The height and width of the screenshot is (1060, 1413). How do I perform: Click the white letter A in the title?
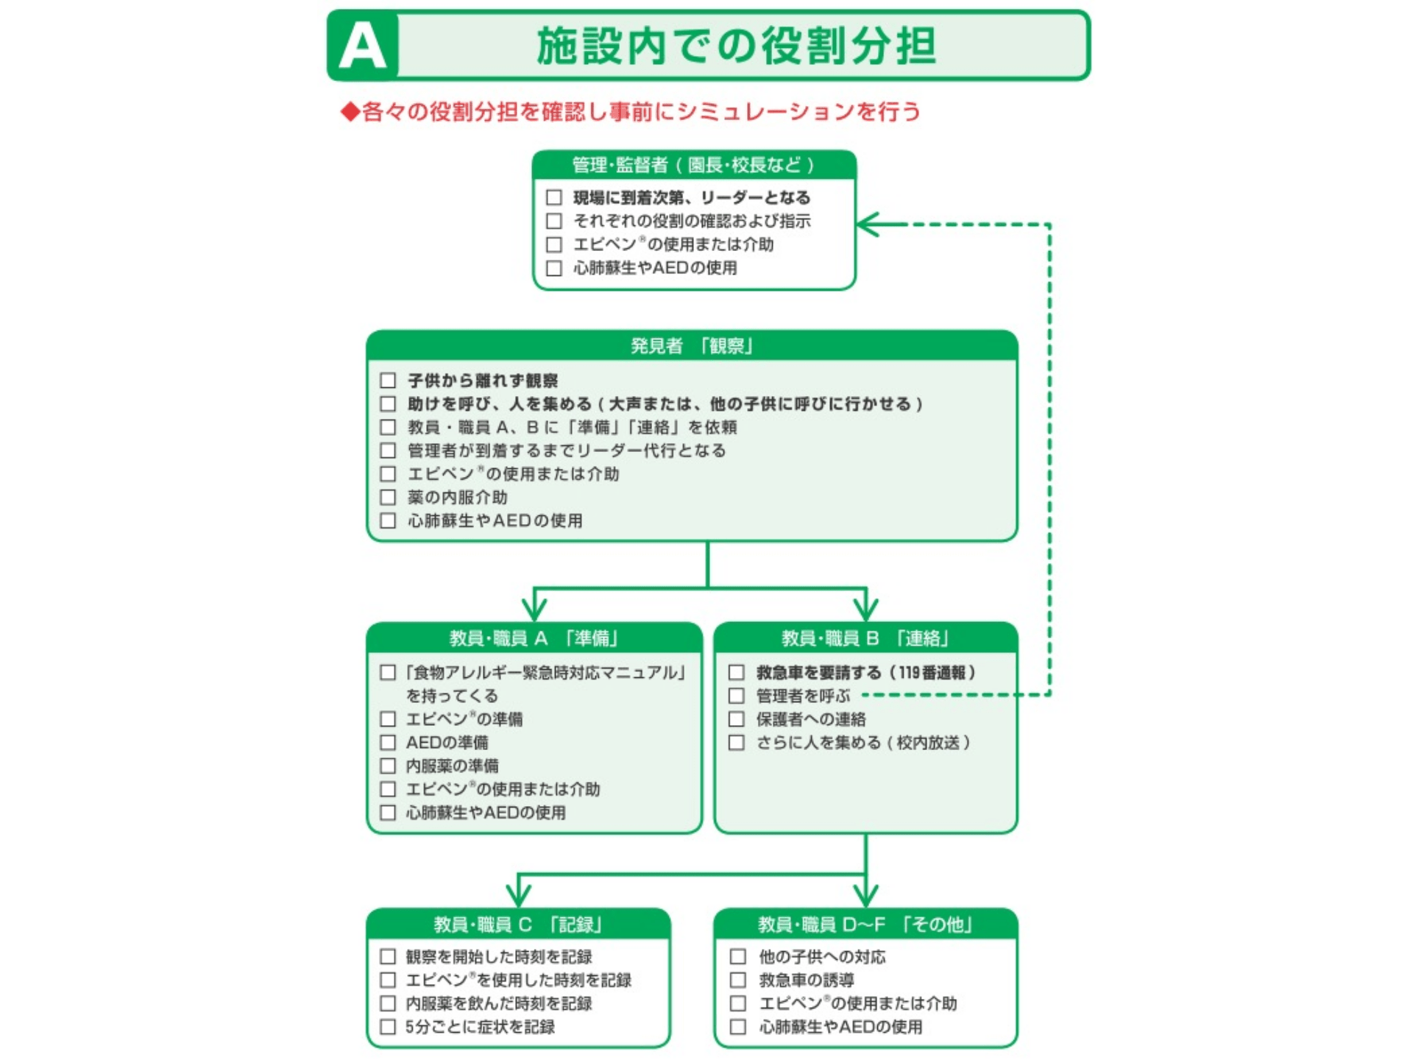point(362,46)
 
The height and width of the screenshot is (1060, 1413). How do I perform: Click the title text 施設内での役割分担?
point(736,46)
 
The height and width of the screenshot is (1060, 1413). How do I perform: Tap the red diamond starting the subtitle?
point(350,112)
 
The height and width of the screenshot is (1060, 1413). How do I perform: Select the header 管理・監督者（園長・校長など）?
point(693,165)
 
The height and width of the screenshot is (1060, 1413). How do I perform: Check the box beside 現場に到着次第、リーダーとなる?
point(554,197)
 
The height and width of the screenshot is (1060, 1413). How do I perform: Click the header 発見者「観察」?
point(692,345)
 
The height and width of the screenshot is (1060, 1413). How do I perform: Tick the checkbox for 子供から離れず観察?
point(388,381)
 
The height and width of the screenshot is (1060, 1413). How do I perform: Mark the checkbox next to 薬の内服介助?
point(388,497)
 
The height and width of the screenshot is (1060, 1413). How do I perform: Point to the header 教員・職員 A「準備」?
point(534,637)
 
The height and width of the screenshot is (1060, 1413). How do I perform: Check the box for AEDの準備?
point(388,742)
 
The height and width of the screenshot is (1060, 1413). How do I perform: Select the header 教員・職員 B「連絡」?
point(865,637)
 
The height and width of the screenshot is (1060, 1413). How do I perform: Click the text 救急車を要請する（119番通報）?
point(865,672)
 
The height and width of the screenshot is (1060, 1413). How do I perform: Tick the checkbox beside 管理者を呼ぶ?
point(736,696)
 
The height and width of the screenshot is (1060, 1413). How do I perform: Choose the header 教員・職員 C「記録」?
point(518,924)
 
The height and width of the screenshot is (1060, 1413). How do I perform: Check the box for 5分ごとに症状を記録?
point(388,1026)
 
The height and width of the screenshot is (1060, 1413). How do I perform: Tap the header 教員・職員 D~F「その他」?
point(865,924)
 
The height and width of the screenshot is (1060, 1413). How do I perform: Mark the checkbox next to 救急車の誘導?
point(737,980)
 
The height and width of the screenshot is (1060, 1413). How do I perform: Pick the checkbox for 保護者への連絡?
point(736,719)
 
